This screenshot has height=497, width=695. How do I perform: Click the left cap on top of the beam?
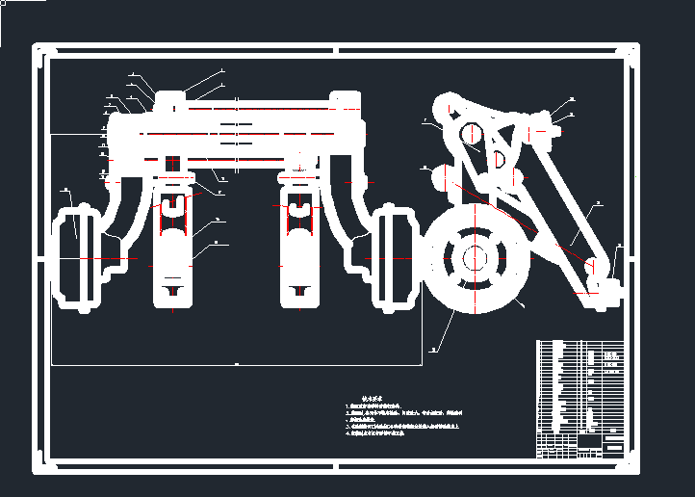click(170, 99)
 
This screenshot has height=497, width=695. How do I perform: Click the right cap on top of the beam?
click(345, 99)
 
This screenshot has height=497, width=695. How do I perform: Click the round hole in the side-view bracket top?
click(471, 134)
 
